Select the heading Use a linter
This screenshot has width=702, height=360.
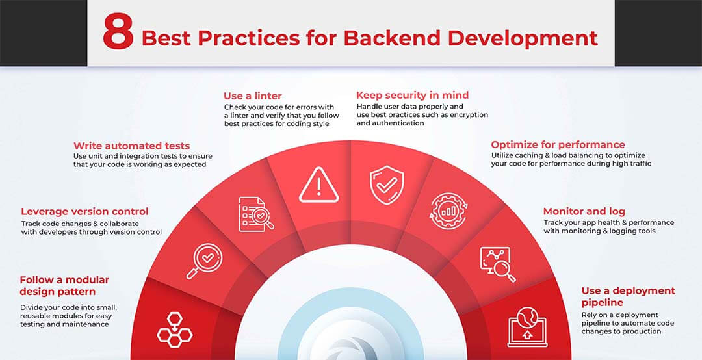click(252, 96)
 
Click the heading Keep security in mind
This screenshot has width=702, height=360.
click(412, 95)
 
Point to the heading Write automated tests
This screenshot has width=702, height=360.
click(131, 146)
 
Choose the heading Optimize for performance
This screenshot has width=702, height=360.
click(558, 145)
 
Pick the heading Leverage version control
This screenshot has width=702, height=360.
click(84, 211)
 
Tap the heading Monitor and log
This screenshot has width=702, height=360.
click(584, 211)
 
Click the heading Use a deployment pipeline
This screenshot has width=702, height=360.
click(628, 296)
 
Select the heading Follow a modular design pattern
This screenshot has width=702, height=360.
click(64, 286)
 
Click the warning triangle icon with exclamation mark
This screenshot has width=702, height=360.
click(318, 185)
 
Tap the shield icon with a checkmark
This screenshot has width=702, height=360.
click(387, 185)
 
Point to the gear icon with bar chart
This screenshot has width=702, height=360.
click(448, 211)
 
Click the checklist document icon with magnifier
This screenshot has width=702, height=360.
click(256, 214)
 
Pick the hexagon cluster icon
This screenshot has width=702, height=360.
click(175, 330)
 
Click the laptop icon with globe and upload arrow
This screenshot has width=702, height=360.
click(527, 328)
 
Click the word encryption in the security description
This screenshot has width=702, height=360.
click(463, 114)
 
